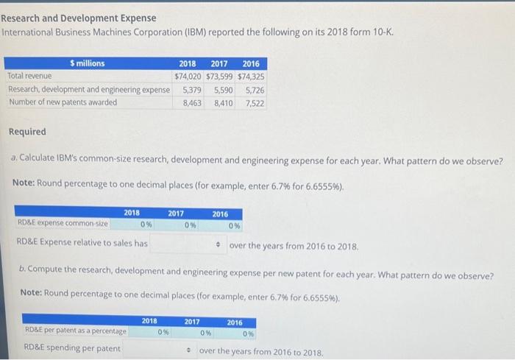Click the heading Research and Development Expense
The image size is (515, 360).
coord(79,18)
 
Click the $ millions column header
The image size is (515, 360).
coord(87,63)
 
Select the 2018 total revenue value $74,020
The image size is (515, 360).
coord(188,77)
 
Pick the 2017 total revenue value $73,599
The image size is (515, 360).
coord(219,77)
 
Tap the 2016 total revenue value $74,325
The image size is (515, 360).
coord(251,77)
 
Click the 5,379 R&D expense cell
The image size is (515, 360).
coord(193,90)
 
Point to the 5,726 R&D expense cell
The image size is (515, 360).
coord(253,90)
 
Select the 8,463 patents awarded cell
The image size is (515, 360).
coord(193,103)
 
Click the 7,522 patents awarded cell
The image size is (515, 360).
coord(253,103)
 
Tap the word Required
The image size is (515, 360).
coord(26,132)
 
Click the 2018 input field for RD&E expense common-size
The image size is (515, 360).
coord(132,225)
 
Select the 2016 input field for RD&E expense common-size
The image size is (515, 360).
coord(220,225)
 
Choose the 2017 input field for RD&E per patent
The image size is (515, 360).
coord(191,332)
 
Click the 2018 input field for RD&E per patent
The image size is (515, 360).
coord(149,332)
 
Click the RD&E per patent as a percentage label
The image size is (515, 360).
coord(75,331)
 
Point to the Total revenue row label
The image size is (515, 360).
coord(26,77)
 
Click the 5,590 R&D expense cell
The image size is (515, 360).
coord(224,90)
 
